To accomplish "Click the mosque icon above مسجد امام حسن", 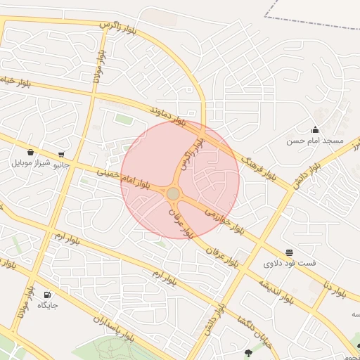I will (315, 129).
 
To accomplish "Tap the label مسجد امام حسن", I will (314, 141).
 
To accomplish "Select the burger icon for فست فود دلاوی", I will (290, 252).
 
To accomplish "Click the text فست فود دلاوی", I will (289, 264).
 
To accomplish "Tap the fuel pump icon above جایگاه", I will (47, 295).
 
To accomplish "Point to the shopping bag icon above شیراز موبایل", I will (30, 152).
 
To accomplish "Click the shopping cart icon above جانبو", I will (62, 155).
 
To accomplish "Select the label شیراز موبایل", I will (31, 163).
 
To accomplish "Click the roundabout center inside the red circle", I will (173, 193).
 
